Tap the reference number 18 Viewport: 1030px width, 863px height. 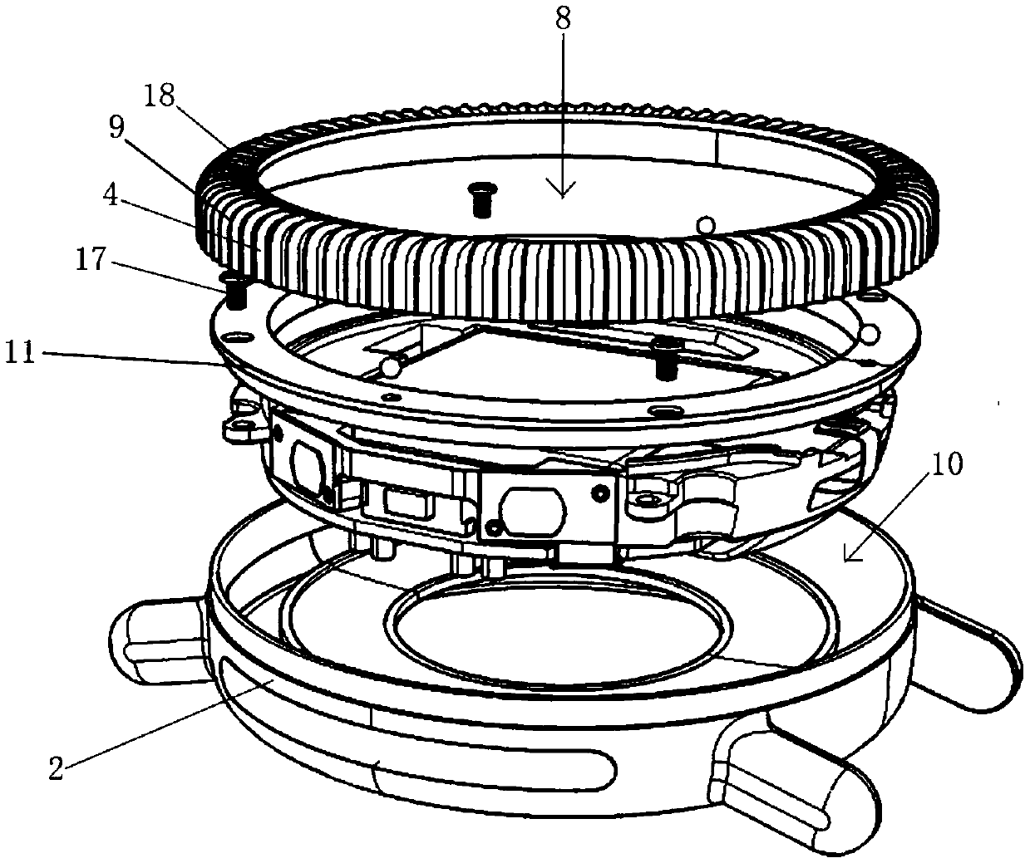pos(159,97)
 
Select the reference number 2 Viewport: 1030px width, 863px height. pos(57,768)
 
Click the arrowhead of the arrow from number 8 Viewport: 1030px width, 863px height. pos(564,193)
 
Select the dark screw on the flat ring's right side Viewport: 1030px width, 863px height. pos(664,358)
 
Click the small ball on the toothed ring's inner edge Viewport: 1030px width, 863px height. pos(705,224)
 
